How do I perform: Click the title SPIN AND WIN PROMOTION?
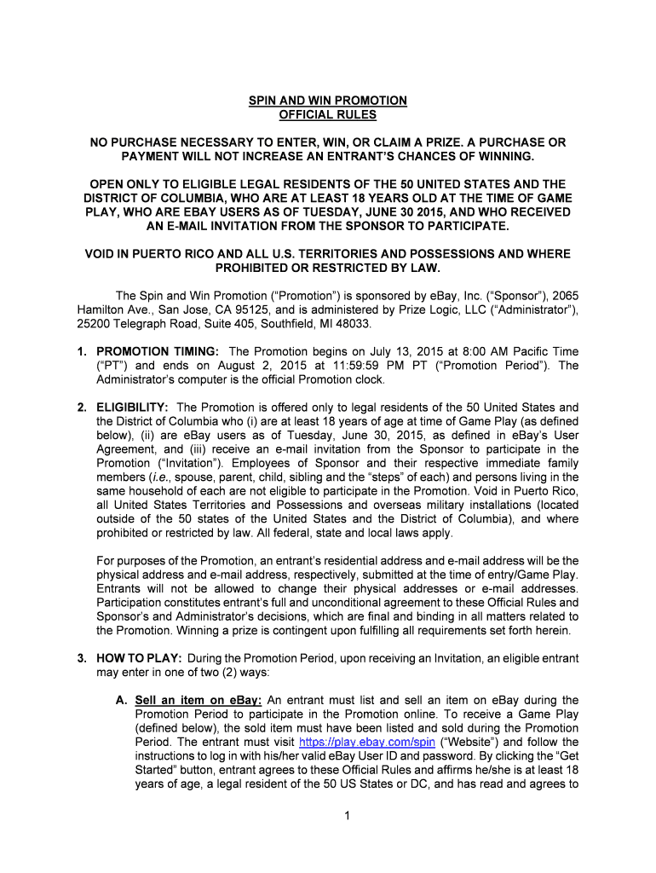point(327,101)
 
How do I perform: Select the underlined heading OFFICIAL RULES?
point(327,114)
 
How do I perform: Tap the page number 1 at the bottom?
point(328,815)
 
